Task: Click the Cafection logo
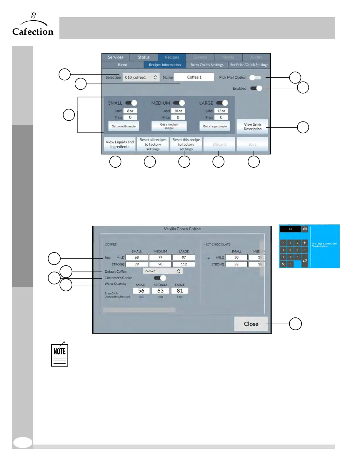pyautogui.click(x=33, y=25)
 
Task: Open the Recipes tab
pyautogui.click(x=172, y=57)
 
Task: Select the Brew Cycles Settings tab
pyautogui.click(x=207, y=65)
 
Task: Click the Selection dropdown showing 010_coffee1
pyautogui.click(x=141, y=77)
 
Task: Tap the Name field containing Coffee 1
pyautogui.click(x=194, y=77)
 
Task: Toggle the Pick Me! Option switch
pyautogui.click(x=255, y=77)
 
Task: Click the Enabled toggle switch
pyautogui.click(x=256, y=88)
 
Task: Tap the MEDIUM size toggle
pyautogui.click(x=179, y=103)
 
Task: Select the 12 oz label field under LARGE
pyautogui.click(x=221, y=111)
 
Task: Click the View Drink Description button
pyautogui.click(x=252, y=127)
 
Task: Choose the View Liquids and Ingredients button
pyautogui.click(x=120, y=144)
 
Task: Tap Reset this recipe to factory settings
pyautogui.click(x=186, y=144)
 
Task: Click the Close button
pyautogui.click(x=251, y=324)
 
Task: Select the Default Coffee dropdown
pyautogui.click(x=163, y=271)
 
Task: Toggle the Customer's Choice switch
pyautogui.click(x=160, y=278)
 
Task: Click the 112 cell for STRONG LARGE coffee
pyautogui.click(x=184, y=264)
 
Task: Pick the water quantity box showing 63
pyautogui.click(x=160, y=291)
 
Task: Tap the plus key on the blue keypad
pyautogui.click(x=305, y=243)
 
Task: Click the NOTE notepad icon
pyautogui.click(x=59, y=355)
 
